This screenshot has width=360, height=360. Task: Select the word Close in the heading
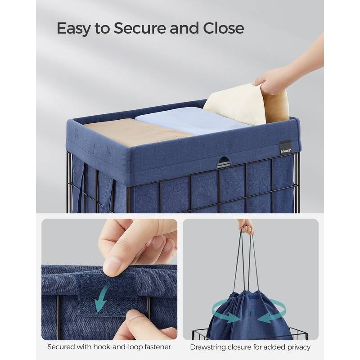click(223, 28)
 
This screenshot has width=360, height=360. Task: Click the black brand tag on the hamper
click(286, 148)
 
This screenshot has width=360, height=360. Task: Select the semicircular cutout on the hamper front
click(224, 161)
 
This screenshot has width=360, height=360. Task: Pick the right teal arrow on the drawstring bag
click(272, 313)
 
